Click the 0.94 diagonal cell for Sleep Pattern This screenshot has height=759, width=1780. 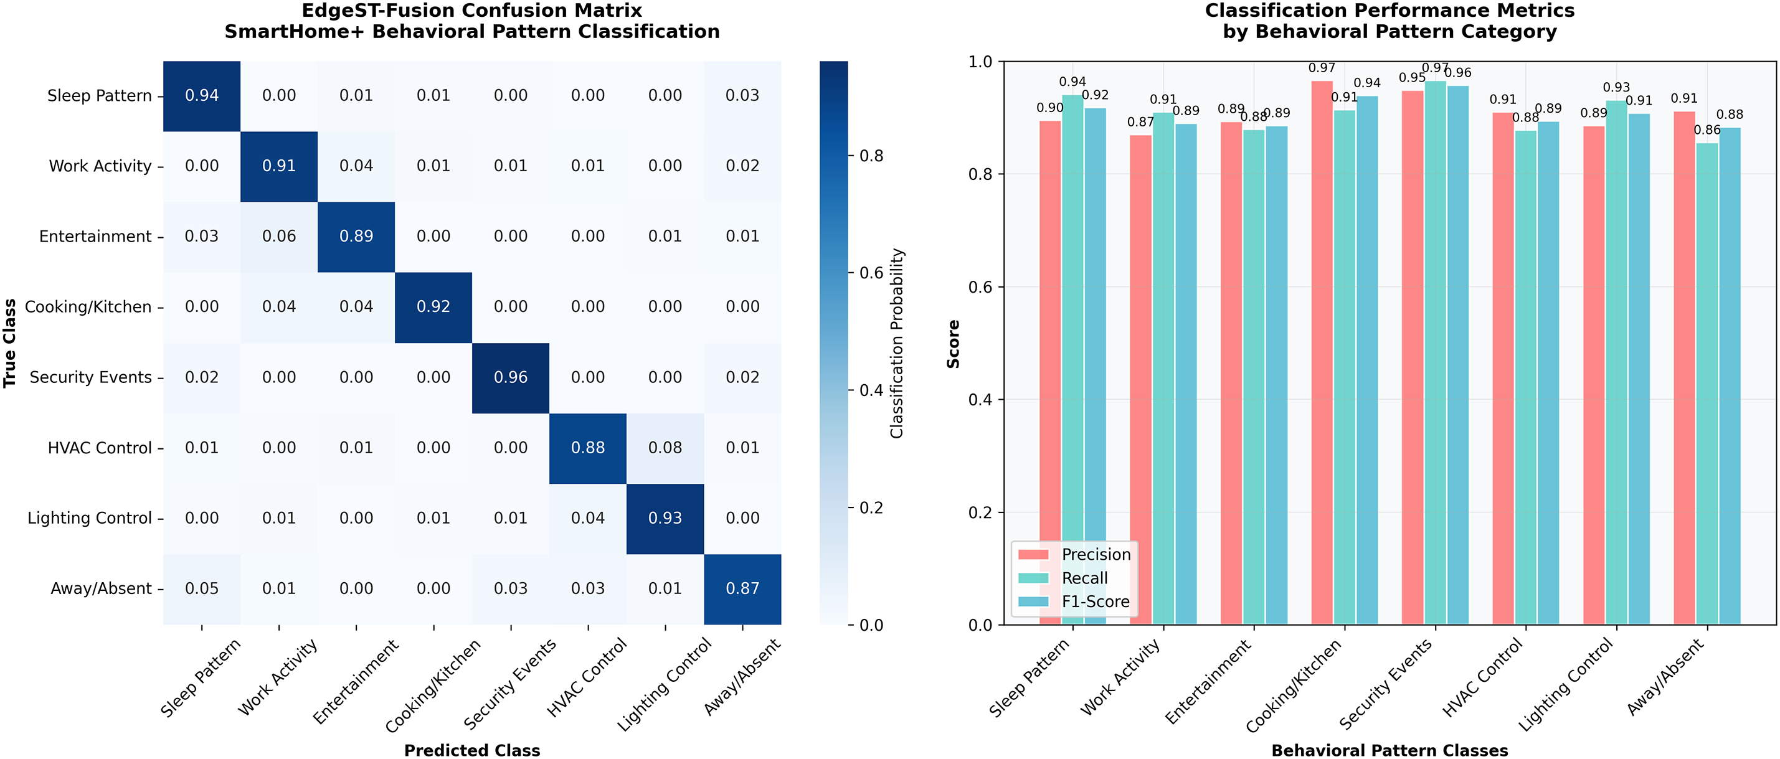(x=202, y=96)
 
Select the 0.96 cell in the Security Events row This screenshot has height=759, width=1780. (x=511, y=378)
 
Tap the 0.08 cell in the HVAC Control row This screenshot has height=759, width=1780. (x=665, y=448)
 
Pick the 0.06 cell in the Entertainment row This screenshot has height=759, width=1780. (x=278, y=237)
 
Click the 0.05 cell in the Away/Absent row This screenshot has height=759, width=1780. (x=202, y=589)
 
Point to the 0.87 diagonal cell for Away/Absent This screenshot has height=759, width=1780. (x=742, y=589)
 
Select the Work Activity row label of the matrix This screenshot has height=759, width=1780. (x=100, y=166)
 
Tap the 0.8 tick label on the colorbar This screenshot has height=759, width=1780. (x=871, y=156)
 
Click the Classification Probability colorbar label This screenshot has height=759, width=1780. (x=897, y=343)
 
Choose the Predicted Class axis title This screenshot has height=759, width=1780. (x=472, y=751)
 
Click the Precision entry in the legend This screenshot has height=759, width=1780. (x=1096, y=555)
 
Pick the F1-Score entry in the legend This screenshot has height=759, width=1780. (x=1096, y=601)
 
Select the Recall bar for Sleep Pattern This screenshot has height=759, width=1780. (x=1072, y=359)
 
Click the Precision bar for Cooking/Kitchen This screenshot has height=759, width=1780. (x=1322, y=352)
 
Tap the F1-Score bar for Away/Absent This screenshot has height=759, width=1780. (x=1730, y=377)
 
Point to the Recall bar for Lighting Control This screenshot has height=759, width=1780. (x=1616, y=362)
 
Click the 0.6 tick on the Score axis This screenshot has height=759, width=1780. (x=980, y=287)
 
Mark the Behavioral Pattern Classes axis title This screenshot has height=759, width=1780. (x=1389, y=751)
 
